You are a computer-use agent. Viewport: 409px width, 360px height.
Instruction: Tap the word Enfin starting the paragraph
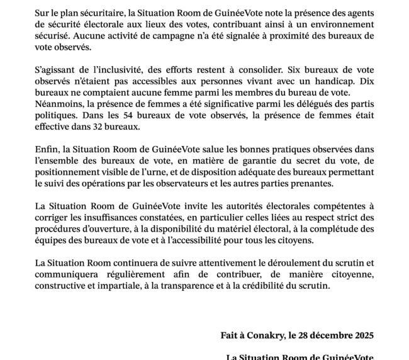click(x=47, y=149)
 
